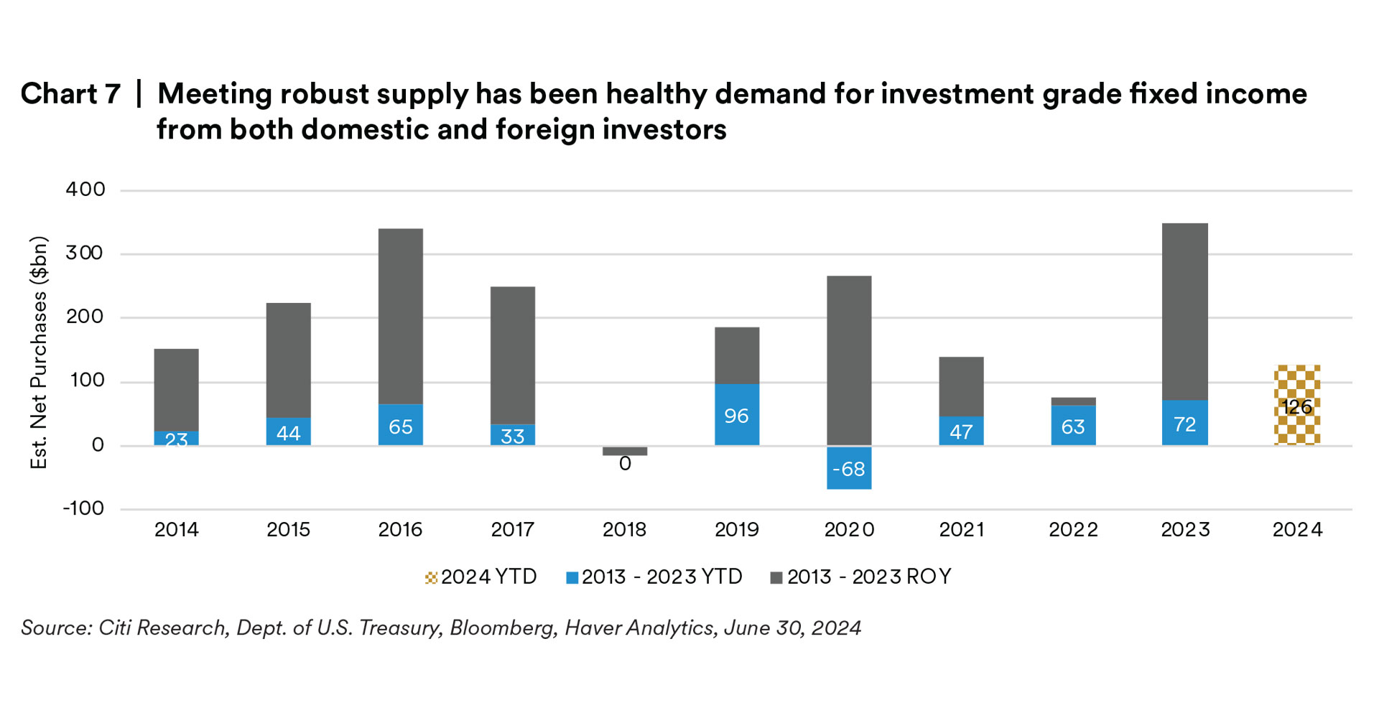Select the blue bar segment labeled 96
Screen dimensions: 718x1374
coord(737,415)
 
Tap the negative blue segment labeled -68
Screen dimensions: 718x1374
coord(849,468)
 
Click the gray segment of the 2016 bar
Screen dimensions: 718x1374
coord(401,316)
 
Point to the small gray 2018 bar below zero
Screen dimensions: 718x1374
coord(625,452)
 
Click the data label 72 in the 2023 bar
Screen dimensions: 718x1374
coord(1185,424)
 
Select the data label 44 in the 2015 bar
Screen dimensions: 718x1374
coord(289,433)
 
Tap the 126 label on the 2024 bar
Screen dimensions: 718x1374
coord(1297,407)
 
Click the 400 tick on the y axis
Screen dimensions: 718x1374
coord(85,190)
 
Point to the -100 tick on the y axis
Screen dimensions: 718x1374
coord(83,508)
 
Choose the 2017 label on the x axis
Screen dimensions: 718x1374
coord(512,530)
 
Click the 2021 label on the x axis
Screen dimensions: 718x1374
coord(961,530)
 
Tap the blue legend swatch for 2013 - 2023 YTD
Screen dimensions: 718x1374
coord(572,578)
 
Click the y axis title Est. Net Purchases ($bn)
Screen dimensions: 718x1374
coord(39,352)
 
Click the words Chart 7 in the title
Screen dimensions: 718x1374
coord(70,94)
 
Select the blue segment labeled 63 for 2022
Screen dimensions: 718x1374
coord(1073,426)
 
